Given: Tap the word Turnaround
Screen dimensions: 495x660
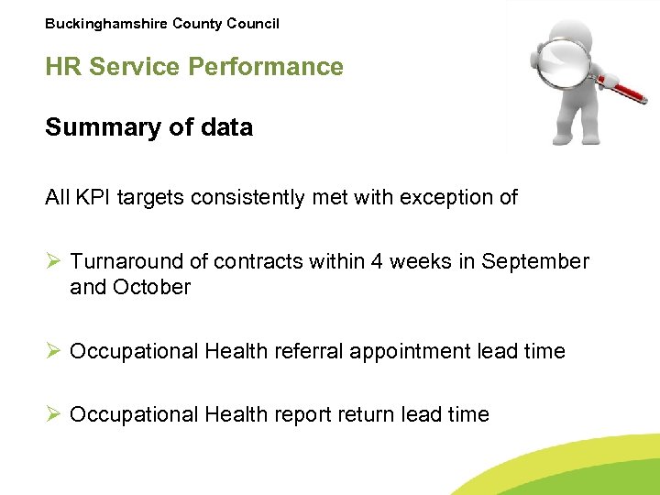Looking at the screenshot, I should pyautogui.click(x=138, y=261).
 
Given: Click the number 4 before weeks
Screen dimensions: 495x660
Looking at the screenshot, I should pyautogui.click(x=378, y=261).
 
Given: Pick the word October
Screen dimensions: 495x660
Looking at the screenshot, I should pyautogui.click(x=152, y=287).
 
